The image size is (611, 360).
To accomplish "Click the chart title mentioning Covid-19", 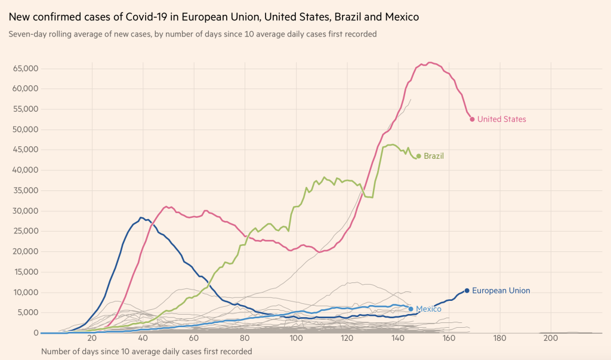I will click(214, 17).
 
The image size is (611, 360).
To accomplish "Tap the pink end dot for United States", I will click(472, 119).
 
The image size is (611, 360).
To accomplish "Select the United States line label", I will click(502, 119).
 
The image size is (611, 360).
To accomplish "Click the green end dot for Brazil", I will click(418, 156).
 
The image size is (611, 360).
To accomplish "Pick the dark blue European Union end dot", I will click(467, 291).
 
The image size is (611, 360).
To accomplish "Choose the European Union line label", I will click(501, 291).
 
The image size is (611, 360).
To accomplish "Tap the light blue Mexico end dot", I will click(411, 309).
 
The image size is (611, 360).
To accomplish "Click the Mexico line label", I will click(428, 309).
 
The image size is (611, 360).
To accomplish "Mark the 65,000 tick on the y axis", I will click(26, 69).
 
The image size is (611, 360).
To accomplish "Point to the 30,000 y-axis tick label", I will click(26, 211).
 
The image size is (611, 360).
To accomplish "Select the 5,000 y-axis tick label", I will click(28, 312).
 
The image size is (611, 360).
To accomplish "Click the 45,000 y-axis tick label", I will click(26, 150).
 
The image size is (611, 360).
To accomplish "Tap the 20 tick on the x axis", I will click(92, 338).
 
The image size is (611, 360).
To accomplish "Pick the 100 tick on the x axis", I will click(296, 338).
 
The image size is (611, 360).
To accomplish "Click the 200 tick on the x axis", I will click(551, 338).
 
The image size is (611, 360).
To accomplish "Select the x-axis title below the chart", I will click(146, 351).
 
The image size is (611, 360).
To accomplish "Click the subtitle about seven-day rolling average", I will click(192, 34).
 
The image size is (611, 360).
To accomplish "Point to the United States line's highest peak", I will click(430, 62).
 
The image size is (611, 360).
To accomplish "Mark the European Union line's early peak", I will click(141, 217).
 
